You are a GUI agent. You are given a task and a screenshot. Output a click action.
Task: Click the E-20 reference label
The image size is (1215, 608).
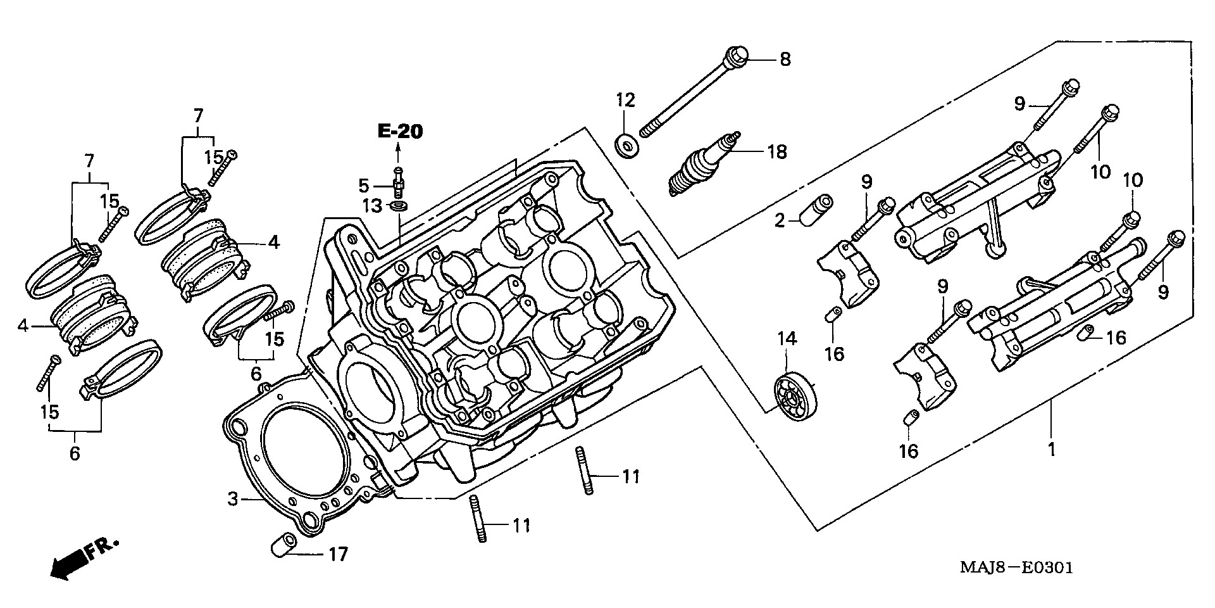point(399,132)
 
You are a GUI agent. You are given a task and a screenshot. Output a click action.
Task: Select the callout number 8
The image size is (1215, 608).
point(784,60)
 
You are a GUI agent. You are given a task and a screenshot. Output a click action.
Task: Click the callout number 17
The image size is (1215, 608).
point(338,555)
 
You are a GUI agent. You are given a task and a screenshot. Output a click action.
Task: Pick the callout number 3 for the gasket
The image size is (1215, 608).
point(233,500)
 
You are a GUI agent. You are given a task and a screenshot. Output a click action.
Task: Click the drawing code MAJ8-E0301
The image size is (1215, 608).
point(1016,567)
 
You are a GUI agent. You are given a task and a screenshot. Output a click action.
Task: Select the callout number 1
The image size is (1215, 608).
point(1051,450)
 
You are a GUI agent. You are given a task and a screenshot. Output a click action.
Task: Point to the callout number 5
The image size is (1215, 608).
point(363,186)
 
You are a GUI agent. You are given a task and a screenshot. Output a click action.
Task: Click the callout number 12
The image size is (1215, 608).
point(625,100)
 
